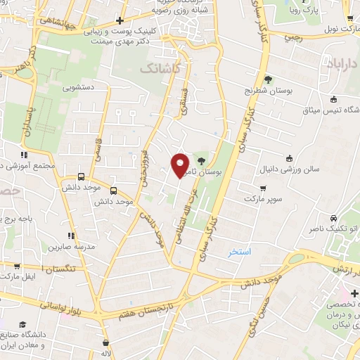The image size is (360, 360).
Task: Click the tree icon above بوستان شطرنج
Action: click(268, 79)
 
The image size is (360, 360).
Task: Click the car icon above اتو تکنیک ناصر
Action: click(333, 218)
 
